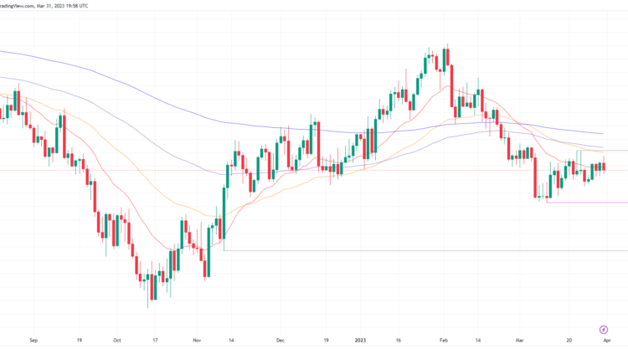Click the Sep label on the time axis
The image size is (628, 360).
[33, 341]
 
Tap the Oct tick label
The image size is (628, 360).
[117, 341]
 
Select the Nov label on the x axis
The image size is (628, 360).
[197, 341]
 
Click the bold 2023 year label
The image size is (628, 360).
[360, 341]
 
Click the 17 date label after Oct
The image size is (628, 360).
[156, 341]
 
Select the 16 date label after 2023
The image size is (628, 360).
[399, 341]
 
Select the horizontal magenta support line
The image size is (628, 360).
[586, 203]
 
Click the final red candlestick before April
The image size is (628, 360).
[604, 166]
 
